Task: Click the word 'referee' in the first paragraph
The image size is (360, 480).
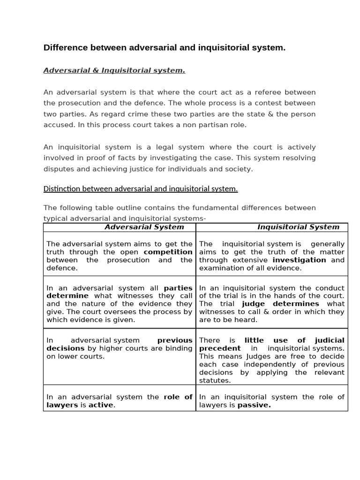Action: (x=259, y=92)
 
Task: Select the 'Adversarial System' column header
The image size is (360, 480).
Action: (x=144, y=227)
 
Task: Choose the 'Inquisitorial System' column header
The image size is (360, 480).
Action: (x=298, y=227)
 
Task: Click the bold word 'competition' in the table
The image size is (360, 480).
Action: (x=168, y=252)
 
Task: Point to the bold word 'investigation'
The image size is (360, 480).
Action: (x=299, y=260)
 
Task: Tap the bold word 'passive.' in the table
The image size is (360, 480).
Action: (x=254, y=405)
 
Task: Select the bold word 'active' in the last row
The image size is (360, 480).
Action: (x=102, y=405)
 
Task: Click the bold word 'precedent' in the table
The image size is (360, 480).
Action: (x=220, y=348)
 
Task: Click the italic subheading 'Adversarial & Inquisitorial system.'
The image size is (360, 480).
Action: (x=114, y=70)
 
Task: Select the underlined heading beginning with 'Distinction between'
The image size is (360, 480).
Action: (x=141, y=189)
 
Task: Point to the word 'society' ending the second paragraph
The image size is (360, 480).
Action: (x=239, y=169)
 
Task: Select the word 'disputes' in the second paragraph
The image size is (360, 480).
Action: (x=58, y=169)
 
